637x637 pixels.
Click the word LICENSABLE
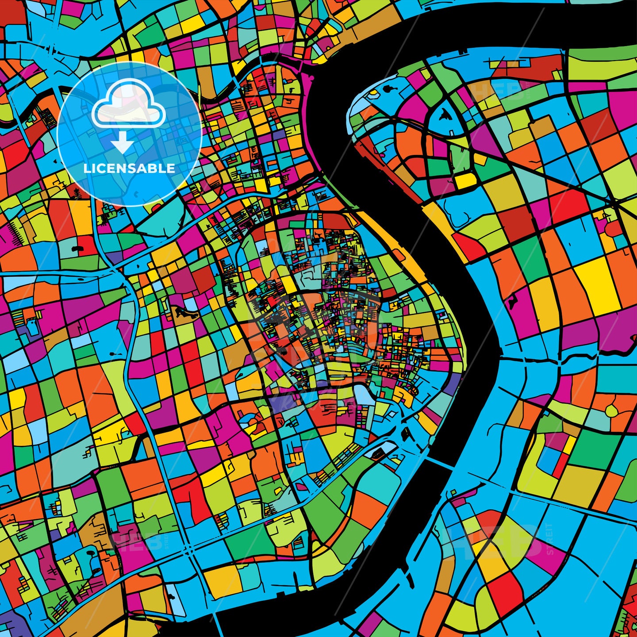tap(129, 169)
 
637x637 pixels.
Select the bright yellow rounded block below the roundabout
tap(464, 180)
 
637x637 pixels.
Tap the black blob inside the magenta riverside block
tap(513, 303)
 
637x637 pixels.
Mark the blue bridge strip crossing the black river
tap(440, 463)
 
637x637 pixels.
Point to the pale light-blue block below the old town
tap(364, 395)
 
